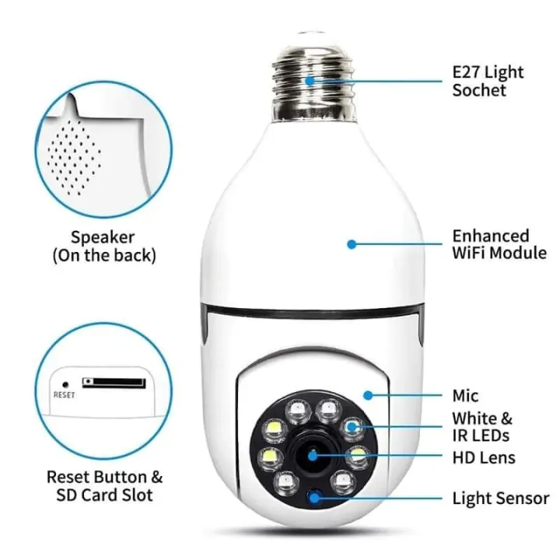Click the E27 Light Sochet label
pos(488,81)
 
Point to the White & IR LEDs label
pos(483,426)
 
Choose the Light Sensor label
pos(501,499)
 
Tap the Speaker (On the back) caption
pos(103,246)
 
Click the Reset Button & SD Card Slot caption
pos(105,485)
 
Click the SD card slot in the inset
pos(114,383)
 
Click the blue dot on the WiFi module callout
pos(352,243)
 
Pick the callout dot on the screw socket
pos(310,80)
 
